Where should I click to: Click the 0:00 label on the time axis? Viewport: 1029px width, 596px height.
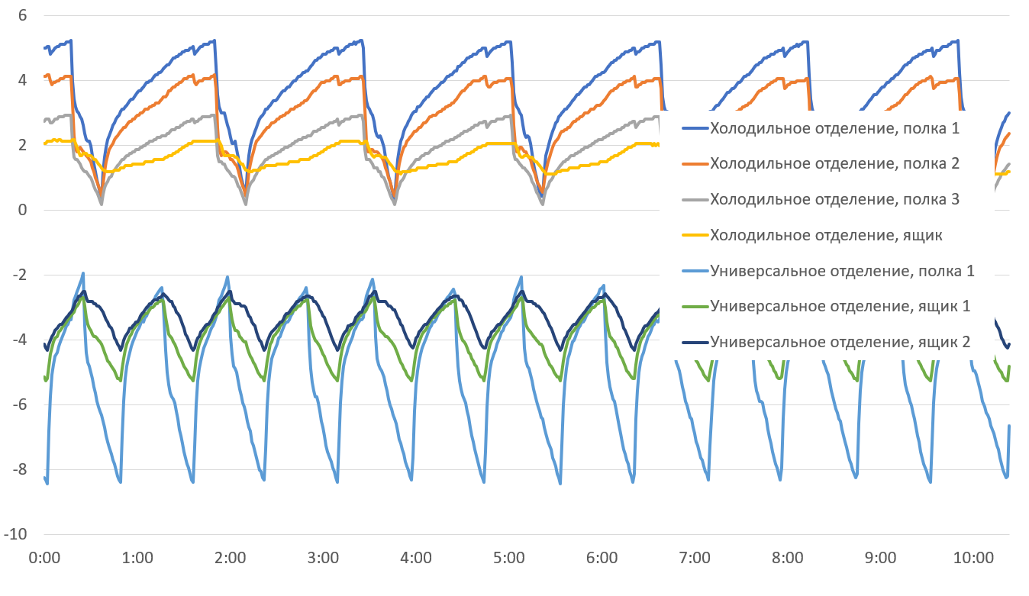click(44, 558)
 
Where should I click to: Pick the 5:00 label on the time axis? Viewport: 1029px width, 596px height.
click(509, 558)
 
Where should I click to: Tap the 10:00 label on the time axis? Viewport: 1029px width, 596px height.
click(973, 558)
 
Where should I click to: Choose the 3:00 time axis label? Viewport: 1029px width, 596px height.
click(323, 558)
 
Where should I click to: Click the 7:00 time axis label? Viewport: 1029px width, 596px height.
click(695, 558)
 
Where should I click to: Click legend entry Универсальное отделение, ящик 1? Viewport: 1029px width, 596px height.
click(840, 307)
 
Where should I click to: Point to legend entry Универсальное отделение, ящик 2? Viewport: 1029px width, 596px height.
click(840, 342)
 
